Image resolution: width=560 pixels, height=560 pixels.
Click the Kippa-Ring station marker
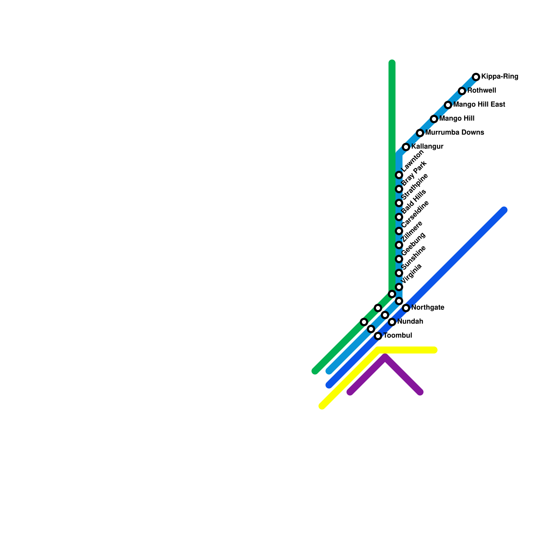point(476,77)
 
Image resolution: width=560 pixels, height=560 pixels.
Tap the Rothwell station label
point(482,91)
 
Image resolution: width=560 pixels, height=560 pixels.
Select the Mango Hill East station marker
point(448,105)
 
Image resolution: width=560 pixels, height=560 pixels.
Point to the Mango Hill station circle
point(434,119)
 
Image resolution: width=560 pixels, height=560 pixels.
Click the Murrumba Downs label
point(455,133)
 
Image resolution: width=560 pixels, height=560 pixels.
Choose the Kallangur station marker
point(406,147)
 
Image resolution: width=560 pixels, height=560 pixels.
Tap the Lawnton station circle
point(399,175)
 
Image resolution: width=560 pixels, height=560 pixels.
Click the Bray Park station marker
point(399,189)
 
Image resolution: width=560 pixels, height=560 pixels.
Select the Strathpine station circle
point(399,203)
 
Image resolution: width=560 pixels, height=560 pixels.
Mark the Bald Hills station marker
point(399,217)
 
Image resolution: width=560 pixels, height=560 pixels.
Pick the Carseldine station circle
point(399,231)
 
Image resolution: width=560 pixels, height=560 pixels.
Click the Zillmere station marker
point(399,245)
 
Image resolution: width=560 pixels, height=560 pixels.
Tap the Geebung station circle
point(399,259)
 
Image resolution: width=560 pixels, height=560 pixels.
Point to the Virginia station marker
point(399,287)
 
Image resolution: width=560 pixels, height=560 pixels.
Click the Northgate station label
point(428,308)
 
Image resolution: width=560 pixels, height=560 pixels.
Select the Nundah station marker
point(392,322)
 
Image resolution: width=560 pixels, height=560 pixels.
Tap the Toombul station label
point(398,336)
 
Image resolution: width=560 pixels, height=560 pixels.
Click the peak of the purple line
point(385,357)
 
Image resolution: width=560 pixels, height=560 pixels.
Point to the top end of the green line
point(392,63)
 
